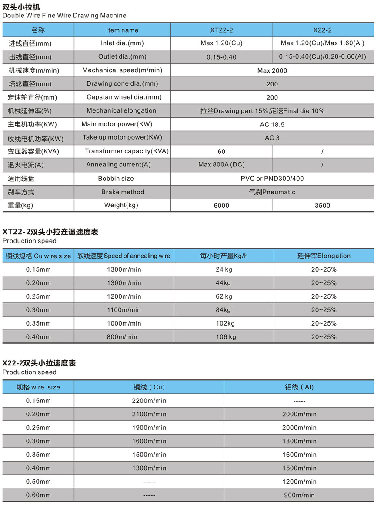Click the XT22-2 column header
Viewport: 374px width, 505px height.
coord(221,30)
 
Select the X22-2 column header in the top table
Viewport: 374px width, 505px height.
coord(323,30)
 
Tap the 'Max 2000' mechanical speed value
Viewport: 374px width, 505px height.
coord(272,70)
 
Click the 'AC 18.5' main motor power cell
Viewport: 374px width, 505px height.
coord(272,124)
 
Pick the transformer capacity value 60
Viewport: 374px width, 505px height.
coord(221,152)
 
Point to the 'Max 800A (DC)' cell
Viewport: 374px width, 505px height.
coord(221,165)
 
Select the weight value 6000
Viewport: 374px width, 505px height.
coord(221,206)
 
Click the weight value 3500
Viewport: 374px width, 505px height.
coord(322,206)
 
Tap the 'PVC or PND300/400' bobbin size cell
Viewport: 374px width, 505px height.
coord(272,179)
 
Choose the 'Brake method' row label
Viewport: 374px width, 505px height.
coord(123,192)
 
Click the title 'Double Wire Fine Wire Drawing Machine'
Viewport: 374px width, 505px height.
coord(64,16)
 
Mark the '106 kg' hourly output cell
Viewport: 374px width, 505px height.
coord(226,337)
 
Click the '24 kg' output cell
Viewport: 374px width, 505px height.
coord(224,269)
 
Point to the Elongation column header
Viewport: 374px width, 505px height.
coord(324,256)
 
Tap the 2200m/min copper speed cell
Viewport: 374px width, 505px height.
coord(149,401)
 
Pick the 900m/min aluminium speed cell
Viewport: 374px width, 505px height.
coord(299,495)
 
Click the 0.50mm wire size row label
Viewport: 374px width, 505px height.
coord(38,482)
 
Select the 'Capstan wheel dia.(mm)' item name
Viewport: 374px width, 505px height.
coord(124,97)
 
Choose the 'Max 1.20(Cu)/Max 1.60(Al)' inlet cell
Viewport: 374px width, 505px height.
coord(323,43)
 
